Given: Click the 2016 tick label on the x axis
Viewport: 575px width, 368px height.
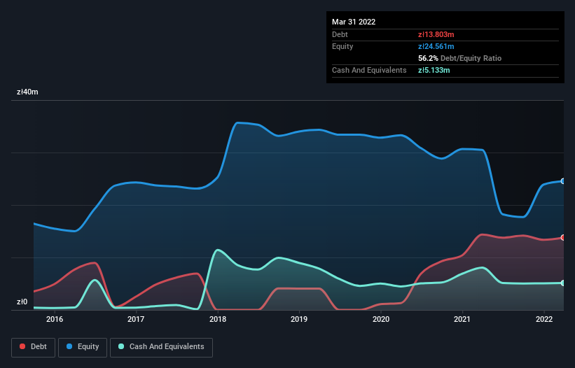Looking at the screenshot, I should (x=55, y=319).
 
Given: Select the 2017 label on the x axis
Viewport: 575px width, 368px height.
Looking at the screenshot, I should (x=136, y=319).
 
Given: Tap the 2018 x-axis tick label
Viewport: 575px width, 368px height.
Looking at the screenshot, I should (x=218, y=319).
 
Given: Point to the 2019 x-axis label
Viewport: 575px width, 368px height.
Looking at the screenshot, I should (x=299, y=319).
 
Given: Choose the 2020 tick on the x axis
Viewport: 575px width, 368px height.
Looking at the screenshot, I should (x=381, y=319).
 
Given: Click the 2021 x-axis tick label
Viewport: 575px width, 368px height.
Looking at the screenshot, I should (x=462, y=319).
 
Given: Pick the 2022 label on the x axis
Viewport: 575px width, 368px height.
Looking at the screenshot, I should (x=544, y=319).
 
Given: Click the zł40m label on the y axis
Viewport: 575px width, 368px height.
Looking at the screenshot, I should (x=28, y=92).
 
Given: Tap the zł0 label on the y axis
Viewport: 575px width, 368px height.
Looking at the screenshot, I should (x=22, y=302).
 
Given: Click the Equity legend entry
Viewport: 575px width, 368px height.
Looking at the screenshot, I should (x=83, y=347).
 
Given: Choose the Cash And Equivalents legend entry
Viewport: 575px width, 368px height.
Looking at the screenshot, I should (x=161, y=347).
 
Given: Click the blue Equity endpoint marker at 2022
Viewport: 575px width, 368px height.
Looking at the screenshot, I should (x=562, y=181).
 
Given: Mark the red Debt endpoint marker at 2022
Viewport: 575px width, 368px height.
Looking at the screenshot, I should (x=562, y=238).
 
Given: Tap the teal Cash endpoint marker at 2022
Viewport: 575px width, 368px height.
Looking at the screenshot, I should (x=562, y=283).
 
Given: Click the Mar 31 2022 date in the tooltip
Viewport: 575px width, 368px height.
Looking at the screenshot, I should (x=354, y=22).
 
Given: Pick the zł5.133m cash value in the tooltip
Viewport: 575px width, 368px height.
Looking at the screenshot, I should (x=434, y=70).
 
